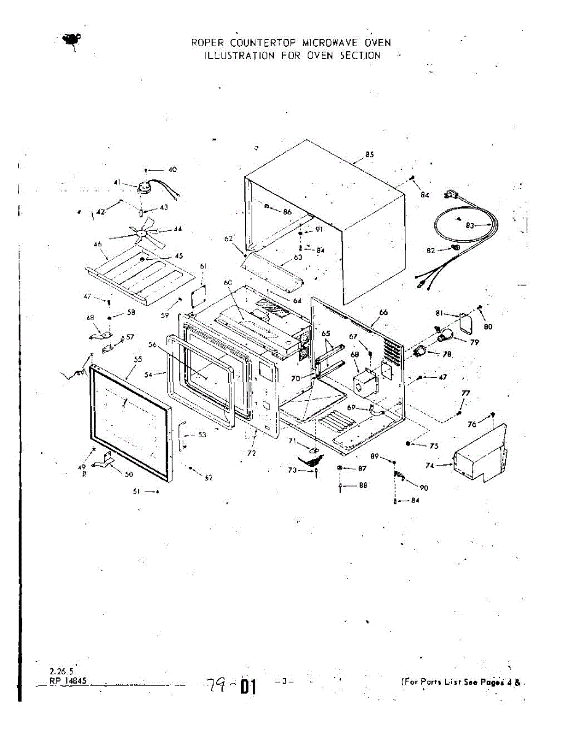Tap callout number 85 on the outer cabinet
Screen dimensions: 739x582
tap(369, 155)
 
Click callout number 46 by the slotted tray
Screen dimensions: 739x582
tap(97, 245)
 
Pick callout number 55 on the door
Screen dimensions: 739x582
tap(138, 359)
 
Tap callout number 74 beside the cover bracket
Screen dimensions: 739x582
tap(430, 466)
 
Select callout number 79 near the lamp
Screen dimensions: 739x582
tap(474, 342)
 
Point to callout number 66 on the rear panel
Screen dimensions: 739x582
tap(383, 313)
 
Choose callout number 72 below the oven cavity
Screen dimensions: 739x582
tap(251, 453)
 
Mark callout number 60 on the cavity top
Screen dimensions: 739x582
tap(227, 282)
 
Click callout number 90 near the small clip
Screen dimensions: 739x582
tap(424, 487)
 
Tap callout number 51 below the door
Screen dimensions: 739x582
tap(136, 491)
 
